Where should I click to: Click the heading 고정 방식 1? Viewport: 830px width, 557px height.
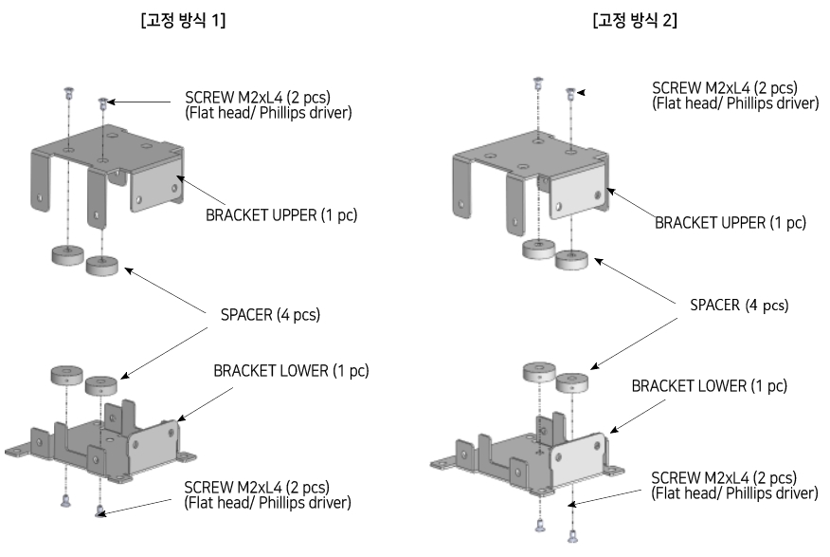[x=182, y=21]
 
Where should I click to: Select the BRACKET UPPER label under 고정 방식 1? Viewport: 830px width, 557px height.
[x=280, y=214]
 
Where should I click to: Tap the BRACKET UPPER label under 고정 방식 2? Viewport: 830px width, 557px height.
[x=730, y=223]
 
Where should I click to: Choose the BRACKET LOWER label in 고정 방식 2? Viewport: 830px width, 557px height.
[x=710, y=386]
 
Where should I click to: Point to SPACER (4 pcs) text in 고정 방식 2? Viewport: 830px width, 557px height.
[x=739, y=306]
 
